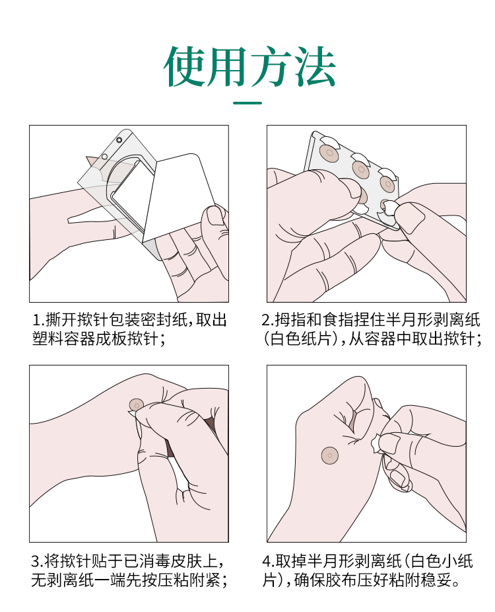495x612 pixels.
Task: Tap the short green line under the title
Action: (247, 103)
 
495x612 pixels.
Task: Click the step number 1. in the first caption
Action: (38, 321)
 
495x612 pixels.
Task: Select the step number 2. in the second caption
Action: (268, 321)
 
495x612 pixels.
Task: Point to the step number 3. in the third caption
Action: (37, 562)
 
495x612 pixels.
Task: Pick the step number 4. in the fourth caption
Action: (269, 562)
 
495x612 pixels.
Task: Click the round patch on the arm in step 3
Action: (137, 404)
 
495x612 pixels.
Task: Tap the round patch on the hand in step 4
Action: (330, 455)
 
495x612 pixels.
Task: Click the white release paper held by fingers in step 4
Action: (376, 443)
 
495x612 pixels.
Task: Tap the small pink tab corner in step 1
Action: (93, 161)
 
